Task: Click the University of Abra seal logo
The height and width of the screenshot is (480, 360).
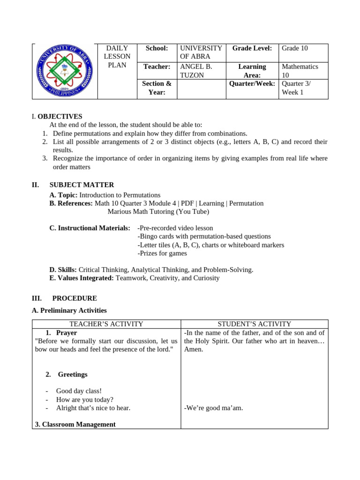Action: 64,71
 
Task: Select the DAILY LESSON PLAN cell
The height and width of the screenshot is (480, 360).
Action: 117,57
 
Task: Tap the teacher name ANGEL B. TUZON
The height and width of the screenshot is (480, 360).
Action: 196,71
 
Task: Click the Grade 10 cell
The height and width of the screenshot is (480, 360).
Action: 294,48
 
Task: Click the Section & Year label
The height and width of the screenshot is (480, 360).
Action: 157,88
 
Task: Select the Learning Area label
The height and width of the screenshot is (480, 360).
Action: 252,71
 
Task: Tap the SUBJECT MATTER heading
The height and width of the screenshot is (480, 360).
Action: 82,185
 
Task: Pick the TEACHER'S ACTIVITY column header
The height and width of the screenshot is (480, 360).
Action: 106,324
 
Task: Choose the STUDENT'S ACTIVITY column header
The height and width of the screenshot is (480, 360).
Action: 254,324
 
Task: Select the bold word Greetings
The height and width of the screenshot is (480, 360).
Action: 72,375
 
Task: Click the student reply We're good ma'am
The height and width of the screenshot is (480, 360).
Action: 213,408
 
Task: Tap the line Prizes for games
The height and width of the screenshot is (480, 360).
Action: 162,253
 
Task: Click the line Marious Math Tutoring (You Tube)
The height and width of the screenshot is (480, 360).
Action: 158,211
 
